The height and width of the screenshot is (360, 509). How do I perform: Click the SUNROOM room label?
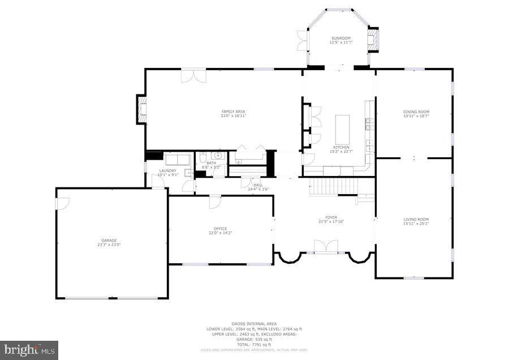coord(340,38)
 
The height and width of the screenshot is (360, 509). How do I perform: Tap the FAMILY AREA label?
coord(233,112)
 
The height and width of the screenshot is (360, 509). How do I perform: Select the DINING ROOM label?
coord(416,112)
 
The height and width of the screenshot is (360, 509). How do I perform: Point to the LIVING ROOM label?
coord(416,219)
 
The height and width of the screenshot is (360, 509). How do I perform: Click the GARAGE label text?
coord(109,240)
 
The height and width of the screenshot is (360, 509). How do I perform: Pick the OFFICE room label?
coord(221,229)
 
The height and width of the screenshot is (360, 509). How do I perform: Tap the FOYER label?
coord(331,217)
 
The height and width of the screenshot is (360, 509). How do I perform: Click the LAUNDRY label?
coord(167,170)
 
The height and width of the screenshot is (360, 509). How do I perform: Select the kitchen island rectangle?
coord(343,130)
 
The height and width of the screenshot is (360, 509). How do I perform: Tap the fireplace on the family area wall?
coord(141,109)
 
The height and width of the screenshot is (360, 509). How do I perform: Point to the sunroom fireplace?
coord(374,39)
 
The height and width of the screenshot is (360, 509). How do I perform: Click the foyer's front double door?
coord(326,247)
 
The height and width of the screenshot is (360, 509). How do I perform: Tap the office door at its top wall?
coord(215,202)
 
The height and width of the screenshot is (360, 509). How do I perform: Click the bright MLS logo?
coord(29,349)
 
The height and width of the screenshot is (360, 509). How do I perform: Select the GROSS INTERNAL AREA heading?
coord(254,324)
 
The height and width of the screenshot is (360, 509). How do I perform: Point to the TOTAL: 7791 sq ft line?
coord(254,344)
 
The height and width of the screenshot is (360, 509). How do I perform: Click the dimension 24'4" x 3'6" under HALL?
coord(258,189)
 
